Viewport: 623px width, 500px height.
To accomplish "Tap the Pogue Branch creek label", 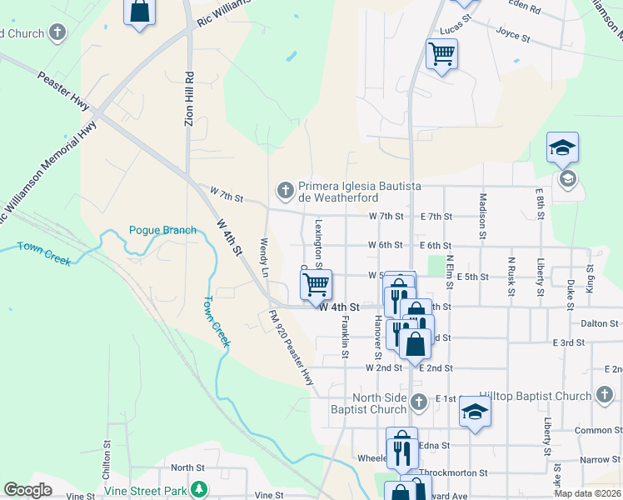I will (x=162, y=230).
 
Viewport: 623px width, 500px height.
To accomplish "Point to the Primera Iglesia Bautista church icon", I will (x=286, y=191).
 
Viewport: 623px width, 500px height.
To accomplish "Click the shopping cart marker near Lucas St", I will (x=441, y=55).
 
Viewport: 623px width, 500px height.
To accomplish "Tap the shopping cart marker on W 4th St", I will (x=316, y=285).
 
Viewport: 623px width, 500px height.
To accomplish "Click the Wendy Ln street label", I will (x=264, y=257).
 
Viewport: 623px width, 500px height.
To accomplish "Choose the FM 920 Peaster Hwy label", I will (x=291, y=347).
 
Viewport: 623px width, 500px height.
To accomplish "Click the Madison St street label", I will (x=482, y=214).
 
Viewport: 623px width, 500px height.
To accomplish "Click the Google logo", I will (x=28, y=490).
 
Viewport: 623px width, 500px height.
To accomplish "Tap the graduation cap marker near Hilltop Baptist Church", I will (x=475, y=412).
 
